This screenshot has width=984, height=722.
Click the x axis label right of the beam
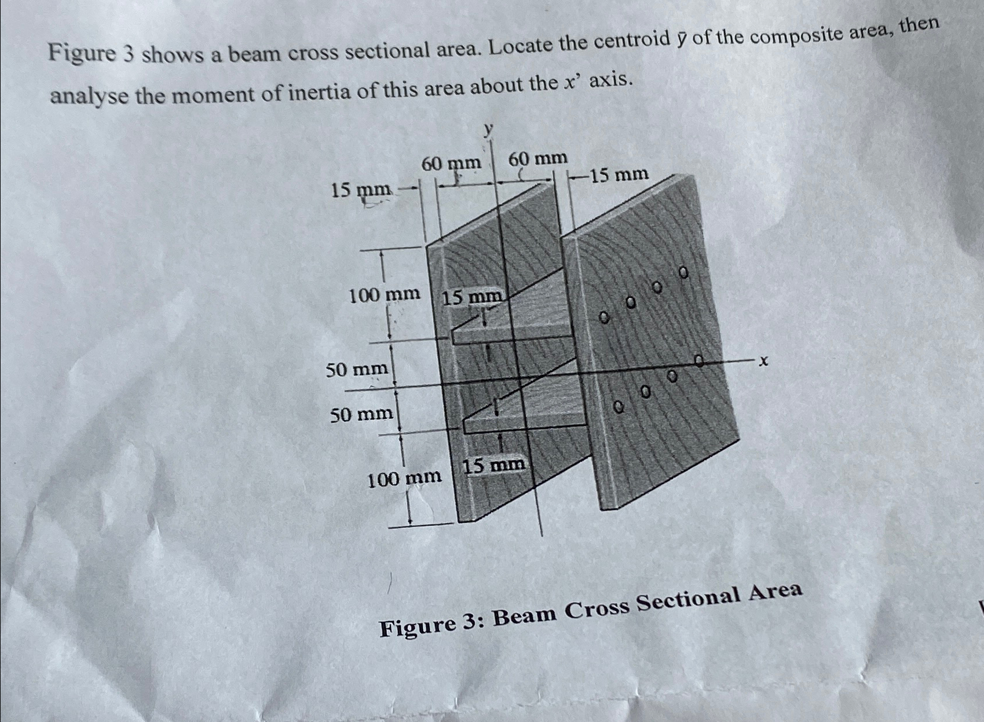pos(763,361)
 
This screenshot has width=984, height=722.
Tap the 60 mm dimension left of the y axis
pos(451,163)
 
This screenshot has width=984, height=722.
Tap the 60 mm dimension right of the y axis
pos(537,158)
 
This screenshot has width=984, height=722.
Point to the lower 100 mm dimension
pos(405,479)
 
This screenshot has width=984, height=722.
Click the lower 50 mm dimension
pos(361,414)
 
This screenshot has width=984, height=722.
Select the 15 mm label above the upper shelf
pos(473,298)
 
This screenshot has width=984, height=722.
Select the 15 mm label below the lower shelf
pos(495,465)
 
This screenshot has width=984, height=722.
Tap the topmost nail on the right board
pos(683,271)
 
